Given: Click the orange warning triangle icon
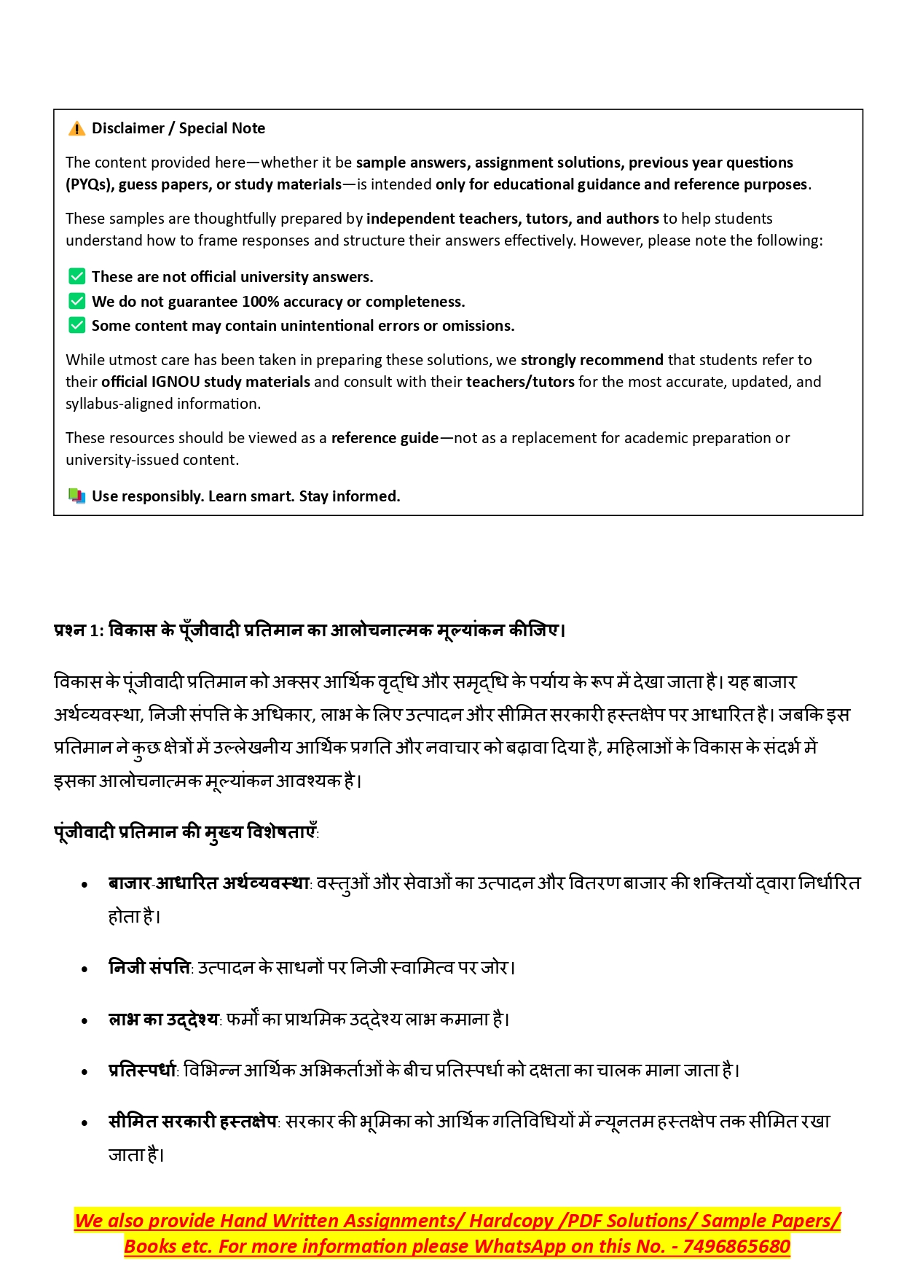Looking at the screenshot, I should point(76,129).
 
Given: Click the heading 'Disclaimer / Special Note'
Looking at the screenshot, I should point(178,128).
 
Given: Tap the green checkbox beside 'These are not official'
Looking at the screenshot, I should point(76,276).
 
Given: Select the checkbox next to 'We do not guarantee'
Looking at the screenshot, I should point(76,301).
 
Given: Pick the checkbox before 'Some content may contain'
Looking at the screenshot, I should point(76,325).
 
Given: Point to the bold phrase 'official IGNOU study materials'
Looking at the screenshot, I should point(205,382).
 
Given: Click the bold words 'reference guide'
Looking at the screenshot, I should point(385,438).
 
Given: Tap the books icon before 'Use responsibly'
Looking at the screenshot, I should point(76,496).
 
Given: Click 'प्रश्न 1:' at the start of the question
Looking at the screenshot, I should point(79,630).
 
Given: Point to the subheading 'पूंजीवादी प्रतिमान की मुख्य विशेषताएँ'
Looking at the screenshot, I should point(186,832).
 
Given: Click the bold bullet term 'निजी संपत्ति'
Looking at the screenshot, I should point(149,968).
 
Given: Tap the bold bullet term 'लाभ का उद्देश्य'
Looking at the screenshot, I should point(163,1020).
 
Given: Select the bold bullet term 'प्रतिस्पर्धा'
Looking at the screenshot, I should point(142,1071).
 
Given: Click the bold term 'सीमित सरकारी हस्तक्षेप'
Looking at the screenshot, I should point(192,1122).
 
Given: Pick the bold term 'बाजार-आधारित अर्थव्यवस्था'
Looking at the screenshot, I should point(209,883).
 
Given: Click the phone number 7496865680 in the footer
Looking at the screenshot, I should point(736,1246).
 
